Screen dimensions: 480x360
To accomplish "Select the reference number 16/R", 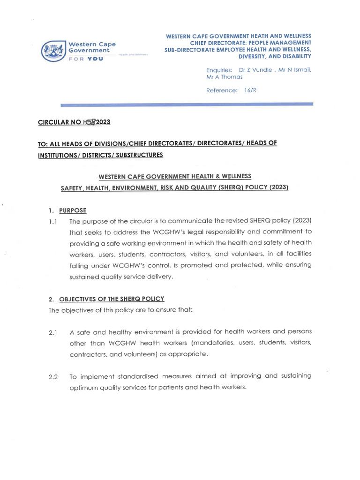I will (x=250, y=90).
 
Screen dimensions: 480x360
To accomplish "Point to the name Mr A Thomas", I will (x=225, y=77).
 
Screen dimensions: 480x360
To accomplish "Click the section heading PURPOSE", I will (x=73, y=210).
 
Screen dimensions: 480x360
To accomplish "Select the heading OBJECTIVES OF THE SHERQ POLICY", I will (x=112, y=299).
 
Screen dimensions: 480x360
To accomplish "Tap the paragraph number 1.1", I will (x=52, y=221).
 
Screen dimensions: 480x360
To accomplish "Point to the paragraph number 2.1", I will (x=52, y=333).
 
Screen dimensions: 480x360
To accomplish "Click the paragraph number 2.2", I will (x=53, y=377).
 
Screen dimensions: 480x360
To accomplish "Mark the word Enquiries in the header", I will (x=219, y=70).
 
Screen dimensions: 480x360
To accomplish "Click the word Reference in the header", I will (x=222, y=90).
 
